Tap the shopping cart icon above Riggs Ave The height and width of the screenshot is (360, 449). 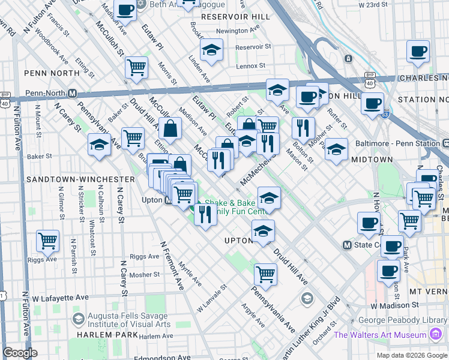pyautogui.click(x=47, y=241)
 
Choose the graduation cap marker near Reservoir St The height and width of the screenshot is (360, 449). pyautogui.click(x=211, y=52)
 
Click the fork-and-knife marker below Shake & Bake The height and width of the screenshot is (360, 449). pyautogui.click(x=205, y=215)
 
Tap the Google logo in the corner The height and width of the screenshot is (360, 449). pyautogui.click(x=20, y=353)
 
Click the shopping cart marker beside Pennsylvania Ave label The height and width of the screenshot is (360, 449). pyautogui.click(x=265, y=274)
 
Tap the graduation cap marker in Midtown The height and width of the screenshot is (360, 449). pyautogui.click(x=336, y=149)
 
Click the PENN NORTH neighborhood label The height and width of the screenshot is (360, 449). pyautogui.click(x=43, y=73)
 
